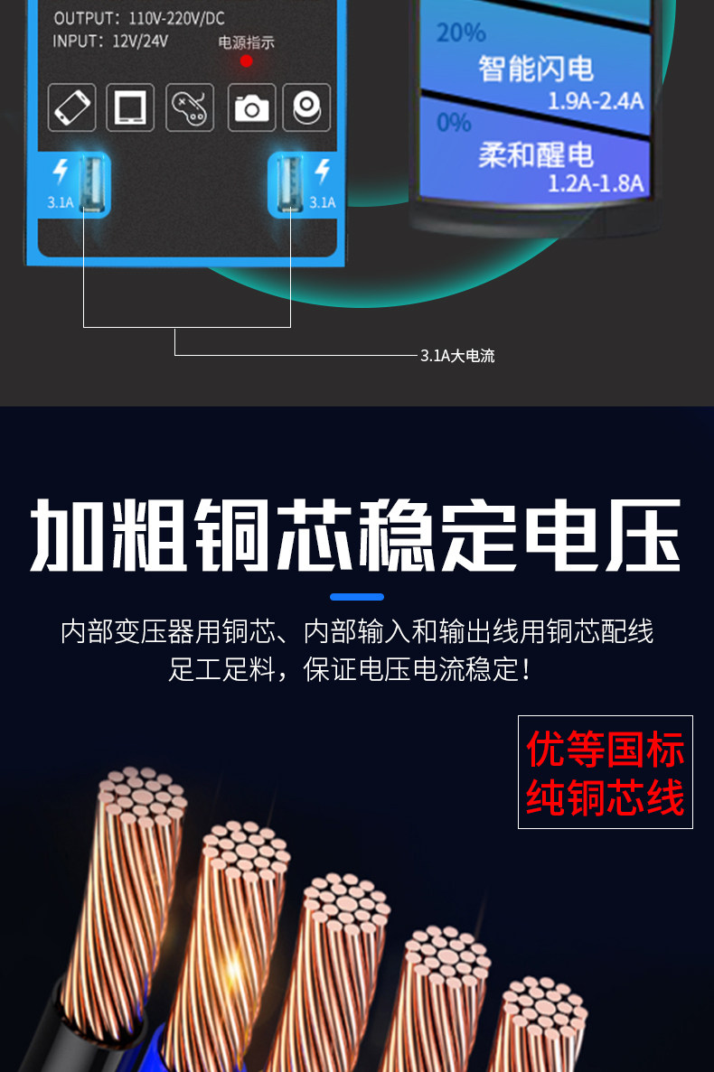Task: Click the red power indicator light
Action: [x=246, y=62]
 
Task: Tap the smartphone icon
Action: [x=72, y=107]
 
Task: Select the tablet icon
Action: [x=130, y=107]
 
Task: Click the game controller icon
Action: [x=189, y=107]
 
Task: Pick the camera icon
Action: [x=251, y=108]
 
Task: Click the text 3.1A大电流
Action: [x=457, y=356]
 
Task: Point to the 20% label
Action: [x=461, y=33]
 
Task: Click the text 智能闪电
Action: [x=536, y=68]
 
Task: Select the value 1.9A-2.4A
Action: [x=596, y=100]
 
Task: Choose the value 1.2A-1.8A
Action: [x=596, y=184]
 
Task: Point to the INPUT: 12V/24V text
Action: [x=110, y=41]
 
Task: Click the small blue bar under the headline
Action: [x=357, y=597]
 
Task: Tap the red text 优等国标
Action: [x=606, y=750]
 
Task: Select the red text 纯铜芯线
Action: [x=606, y=797]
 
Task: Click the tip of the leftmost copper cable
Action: [x=139, y=795]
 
